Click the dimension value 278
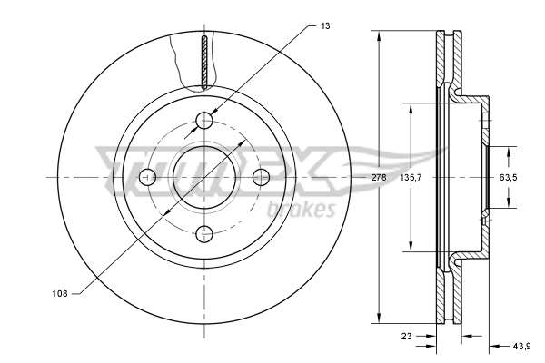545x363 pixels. click(x=379, y=178)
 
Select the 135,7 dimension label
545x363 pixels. click(x=411, y=178)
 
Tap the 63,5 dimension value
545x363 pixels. click(x=508, y=178)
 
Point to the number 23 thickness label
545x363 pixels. click(x=406, y=336)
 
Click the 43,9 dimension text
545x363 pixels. click(x=521, y=346)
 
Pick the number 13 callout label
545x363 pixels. click(x=325, y=25)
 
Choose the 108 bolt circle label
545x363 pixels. click(x=59, y=293)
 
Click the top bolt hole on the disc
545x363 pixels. click(x=204, y=121)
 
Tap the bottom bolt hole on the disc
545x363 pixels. click(x=204, y=234)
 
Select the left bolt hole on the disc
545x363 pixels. click(x=147, y=177)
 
